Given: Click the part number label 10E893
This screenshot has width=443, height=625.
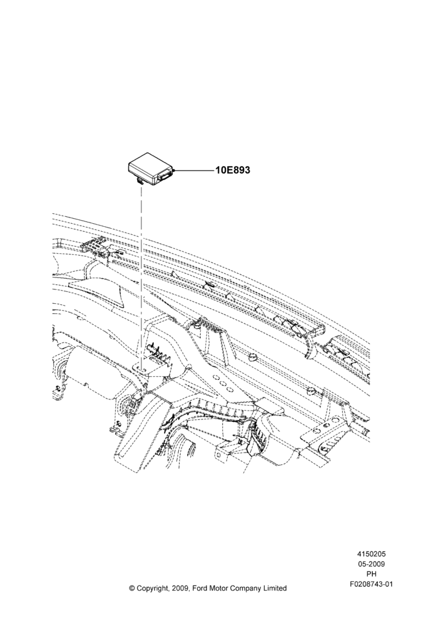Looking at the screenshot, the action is pyautogui.click(x=233, y=170).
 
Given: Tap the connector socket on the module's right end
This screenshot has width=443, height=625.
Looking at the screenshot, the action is pyautogui.click(x=165, y=174).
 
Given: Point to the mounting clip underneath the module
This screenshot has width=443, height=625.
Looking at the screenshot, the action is pyautogui.click(x=140, y=181).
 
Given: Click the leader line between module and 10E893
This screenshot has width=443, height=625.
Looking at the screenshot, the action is pyautogui.click(x=195, y=171).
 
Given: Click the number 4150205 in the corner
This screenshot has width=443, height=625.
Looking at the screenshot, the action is pyautogui.click(x=371, y=554).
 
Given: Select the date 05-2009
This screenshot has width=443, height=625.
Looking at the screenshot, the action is pyautogui.click(x=371, y=564).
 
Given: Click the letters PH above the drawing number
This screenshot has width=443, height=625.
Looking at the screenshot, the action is pyautogui.click(x=371, y=574).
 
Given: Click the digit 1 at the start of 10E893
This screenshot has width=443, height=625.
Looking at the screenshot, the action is pyautogui.click(x=218, y=170).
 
